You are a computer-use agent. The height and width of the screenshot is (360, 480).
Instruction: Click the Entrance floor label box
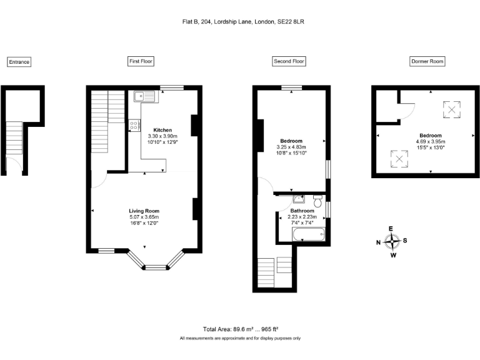click(x=19, y=62)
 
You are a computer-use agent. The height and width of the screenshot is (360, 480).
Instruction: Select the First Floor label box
click(x=141, y=61)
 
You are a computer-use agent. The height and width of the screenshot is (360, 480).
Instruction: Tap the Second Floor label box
click(x=289, y=61)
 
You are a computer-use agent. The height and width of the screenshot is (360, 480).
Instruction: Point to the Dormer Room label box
click(x=427, y=61)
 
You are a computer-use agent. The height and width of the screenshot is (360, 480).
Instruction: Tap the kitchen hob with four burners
click(x=135, y=125)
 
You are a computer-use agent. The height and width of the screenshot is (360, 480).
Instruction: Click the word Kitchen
click(x=162, y=130)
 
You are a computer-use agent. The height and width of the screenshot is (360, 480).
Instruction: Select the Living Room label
click(x=144, y=211)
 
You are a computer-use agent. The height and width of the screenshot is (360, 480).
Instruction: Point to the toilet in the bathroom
click(x=317, y=201)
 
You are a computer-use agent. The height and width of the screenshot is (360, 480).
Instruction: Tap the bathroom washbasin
click(x=297, y=199)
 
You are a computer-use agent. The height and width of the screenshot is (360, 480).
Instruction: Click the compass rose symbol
click(x=392, y=241)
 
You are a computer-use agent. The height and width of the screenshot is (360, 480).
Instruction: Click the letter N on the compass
click(x=378, y=242)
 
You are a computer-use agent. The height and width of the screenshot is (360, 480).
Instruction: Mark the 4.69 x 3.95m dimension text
click(x=430, y=141)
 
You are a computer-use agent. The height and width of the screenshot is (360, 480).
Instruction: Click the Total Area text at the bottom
click(x=240, y=329)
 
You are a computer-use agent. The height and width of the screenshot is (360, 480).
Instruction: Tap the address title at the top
click(x=240, y=21)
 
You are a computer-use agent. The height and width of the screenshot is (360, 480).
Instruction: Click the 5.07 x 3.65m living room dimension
click(x=144, y=217)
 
